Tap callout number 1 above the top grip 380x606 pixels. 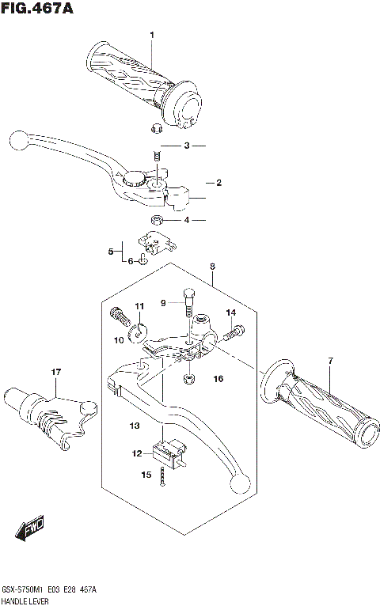point(153,34)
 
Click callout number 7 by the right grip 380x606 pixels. point(331,362)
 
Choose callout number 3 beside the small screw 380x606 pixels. point(187,146)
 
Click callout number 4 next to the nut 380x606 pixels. point(187,220)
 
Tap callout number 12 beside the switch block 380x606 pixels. point(137,453)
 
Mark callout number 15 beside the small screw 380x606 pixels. point(145,475)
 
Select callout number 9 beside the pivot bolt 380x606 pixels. point(164,302)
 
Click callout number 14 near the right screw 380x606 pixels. point(231,313)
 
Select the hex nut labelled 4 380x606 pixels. point(157,219)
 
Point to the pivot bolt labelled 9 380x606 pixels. point(188,299)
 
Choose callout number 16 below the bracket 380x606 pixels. point(218,379)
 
